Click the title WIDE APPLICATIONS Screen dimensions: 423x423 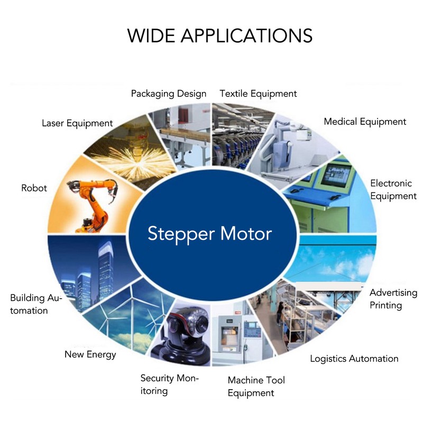click(219, 35)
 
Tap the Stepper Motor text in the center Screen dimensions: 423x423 click(209, 234)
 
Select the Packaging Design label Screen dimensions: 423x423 click(169, 94)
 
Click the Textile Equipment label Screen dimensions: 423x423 click(258, 94)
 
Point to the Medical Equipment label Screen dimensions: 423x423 click(365, 122)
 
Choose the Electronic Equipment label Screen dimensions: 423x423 click(393, 190)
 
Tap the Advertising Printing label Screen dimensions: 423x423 click(393, 299)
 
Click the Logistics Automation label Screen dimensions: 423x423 click(354, 358)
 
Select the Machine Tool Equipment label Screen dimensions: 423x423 click(256, 387)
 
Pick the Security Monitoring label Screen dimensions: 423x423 click(169, 384)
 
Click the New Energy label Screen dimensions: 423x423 click(90, 354)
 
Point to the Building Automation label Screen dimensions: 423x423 click(36, 304)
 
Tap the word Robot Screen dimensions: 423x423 click(34, 188)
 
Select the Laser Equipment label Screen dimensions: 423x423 click(77, 124)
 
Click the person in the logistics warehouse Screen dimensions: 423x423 click(280, 313)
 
